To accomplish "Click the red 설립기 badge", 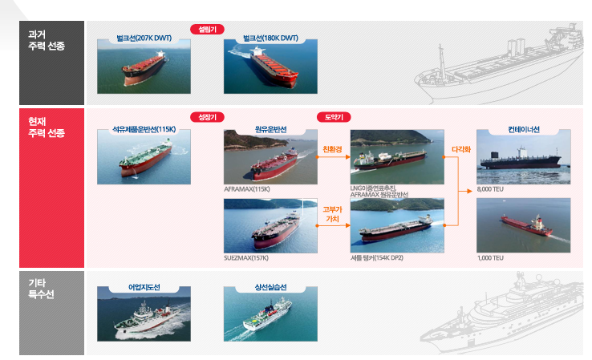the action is [x=207, y=29].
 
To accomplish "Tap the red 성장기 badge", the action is [x=207, y=117].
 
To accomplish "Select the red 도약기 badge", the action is [x=335, y=117].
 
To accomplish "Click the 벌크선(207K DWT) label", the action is [x=144, y=38].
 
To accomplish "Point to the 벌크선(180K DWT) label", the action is [x=270, y=38].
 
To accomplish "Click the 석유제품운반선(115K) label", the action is [x=144, y=128].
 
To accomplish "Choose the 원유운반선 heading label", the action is [x=271, y=128].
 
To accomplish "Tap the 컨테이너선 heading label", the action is [x=524, y=128].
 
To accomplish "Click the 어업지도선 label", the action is [x=144, y=286].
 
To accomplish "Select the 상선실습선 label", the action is [x=271, y=286].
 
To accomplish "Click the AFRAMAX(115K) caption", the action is [x=247, y=189].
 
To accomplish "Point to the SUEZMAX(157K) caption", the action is [x=247, y=258].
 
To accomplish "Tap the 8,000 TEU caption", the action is [x=490, y=189].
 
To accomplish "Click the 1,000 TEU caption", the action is [x=490, y=258].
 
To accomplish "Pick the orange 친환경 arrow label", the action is [x=332, y=149].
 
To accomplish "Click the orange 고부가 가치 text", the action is [x=331, y=213].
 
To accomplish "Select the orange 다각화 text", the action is [x=460, y=149].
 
